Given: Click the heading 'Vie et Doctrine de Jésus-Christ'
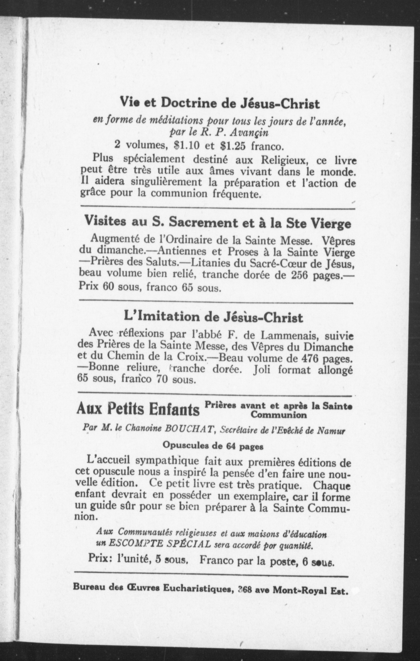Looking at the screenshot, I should coord(220,104).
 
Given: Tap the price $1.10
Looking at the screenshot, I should coord(187,145).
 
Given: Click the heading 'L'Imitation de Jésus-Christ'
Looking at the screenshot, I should coord(213,317).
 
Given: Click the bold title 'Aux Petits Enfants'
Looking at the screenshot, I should coord(138,410).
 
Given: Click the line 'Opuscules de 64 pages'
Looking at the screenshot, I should coord(213,445).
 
